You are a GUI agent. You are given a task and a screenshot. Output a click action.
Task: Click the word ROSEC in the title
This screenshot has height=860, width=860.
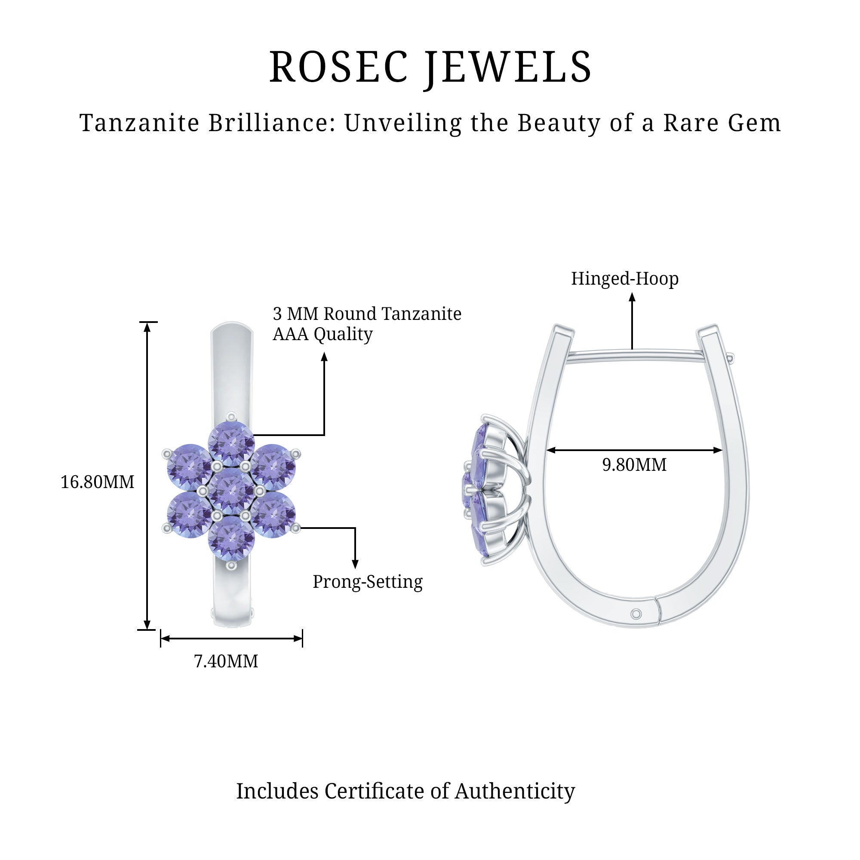tap(339, 67)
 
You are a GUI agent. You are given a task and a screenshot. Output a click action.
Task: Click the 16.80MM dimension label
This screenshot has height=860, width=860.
tap(97, 482)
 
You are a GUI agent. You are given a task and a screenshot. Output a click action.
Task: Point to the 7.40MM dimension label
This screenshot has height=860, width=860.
tap(226, 661)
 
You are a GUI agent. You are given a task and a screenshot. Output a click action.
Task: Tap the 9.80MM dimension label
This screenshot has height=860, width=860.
tap(634, 465)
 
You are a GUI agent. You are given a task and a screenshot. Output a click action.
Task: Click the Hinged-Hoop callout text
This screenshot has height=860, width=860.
tap(625, 279)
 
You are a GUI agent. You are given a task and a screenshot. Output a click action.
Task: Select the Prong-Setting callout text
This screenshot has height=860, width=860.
tap(368, 582)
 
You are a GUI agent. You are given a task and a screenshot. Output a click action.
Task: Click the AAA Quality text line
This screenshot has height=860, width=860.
tap(323, 334)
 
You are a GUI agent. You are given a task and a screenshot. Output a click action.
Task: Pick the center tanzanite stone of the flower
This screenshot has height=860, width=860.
tap(231, 491)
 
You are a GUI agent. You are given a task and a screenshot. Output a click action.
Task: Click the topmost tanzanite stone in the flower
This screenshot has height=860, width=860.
tap(231, 442)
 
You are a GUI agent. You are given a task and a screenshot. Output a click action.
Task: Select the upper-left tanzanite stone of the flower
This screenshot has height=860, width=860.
tap(189, 467)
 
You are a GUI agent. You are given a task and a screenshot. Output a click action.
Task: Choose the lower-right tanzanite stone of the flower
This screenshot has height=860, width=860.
tap(273, 515)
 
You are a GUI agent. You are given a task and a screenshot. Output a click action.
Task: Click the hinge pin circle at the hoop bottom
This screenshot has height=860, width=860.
tap(636, 614)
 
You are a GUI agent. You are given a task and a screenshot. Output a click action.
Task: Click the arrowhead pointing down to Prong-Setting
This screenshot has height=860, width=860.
tap(355, 564)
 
